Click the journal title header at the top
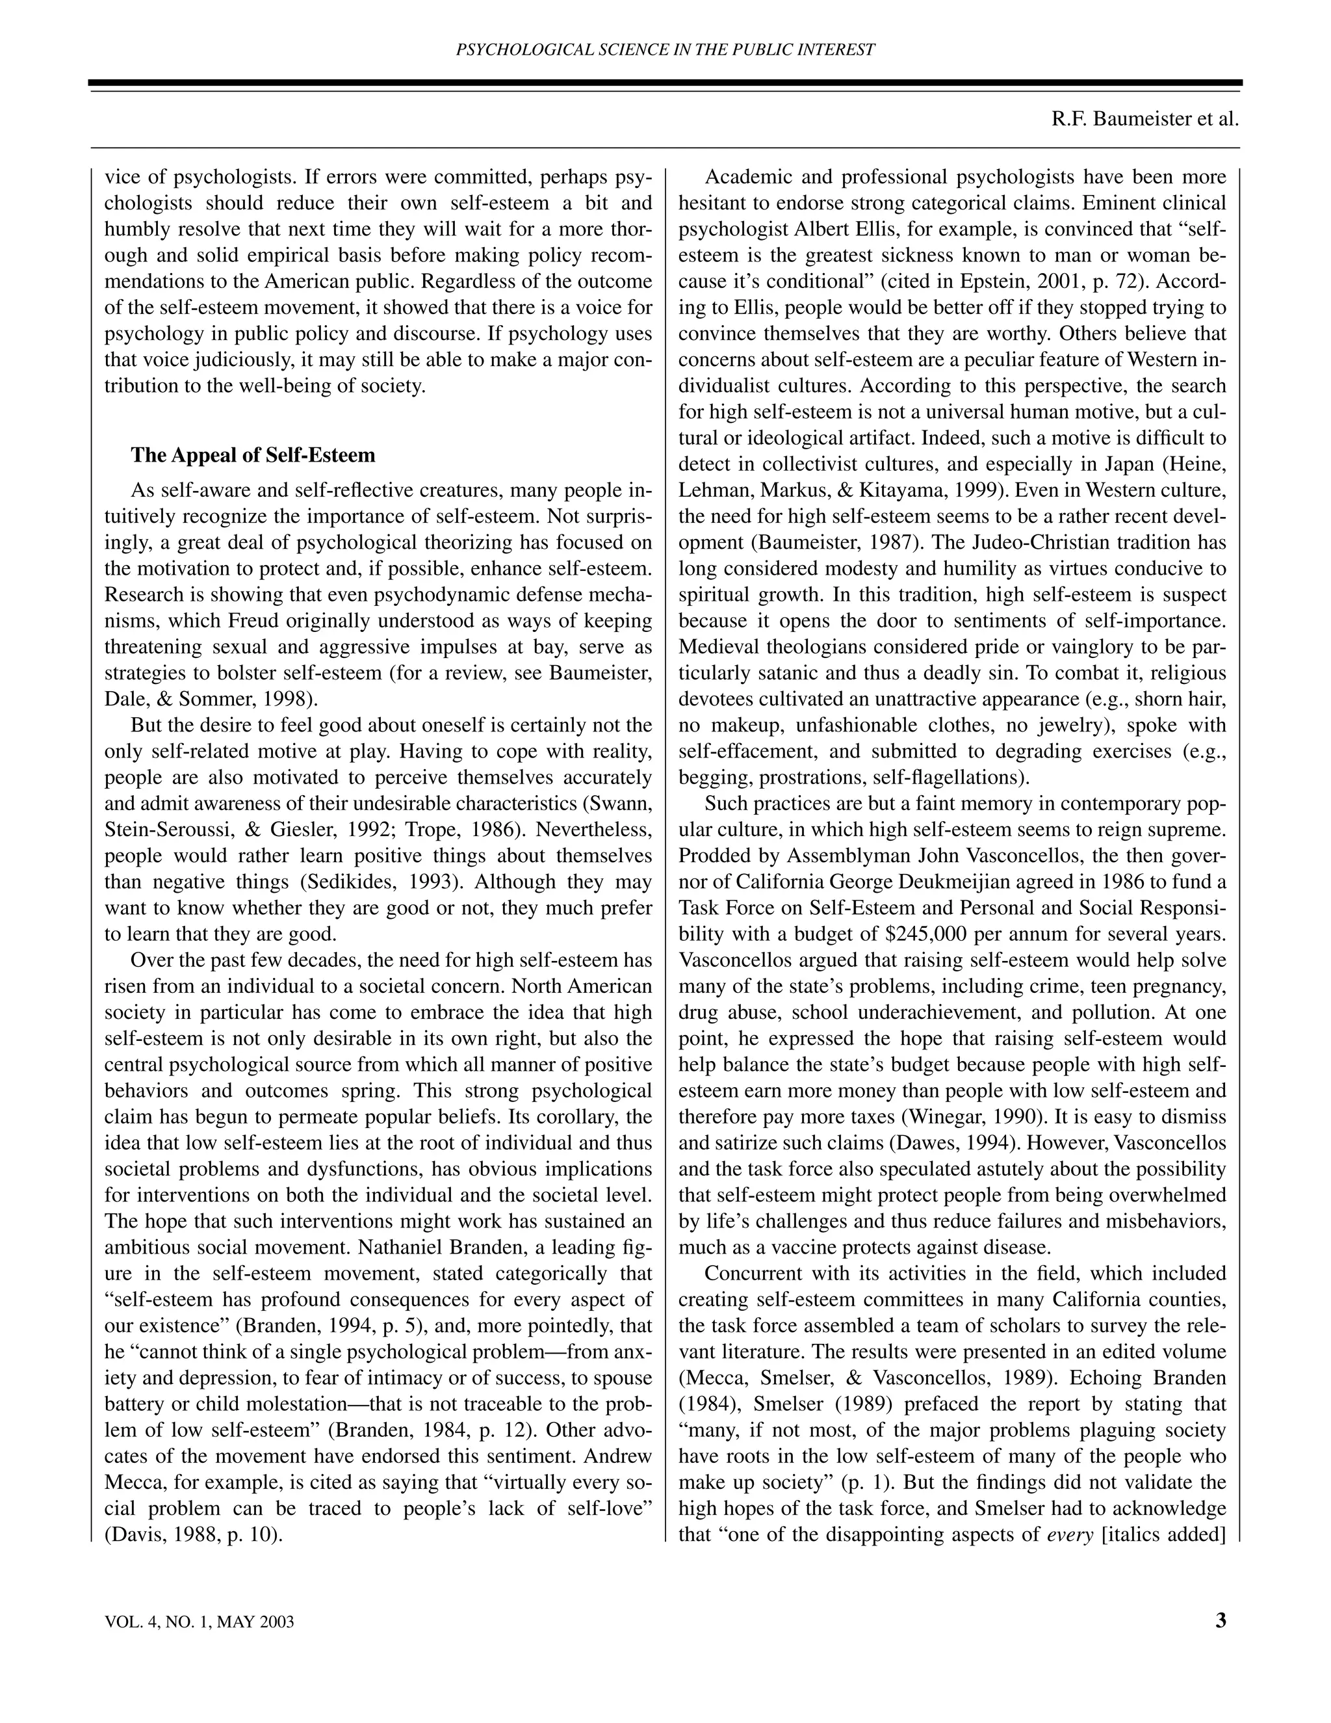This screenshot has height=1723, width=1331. (x=665, y=49)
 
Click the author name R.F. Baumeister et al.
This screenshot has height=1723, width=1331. (x=1145, y=119)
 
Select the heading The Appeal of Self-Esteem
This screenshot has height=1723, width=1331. (x=252, y=455)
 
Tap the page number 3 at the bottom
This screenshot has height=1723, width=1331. (x=1220, y=1621)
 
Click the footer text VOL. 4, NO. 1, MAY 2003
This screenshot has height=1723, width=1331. (x=199, y=1623)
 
